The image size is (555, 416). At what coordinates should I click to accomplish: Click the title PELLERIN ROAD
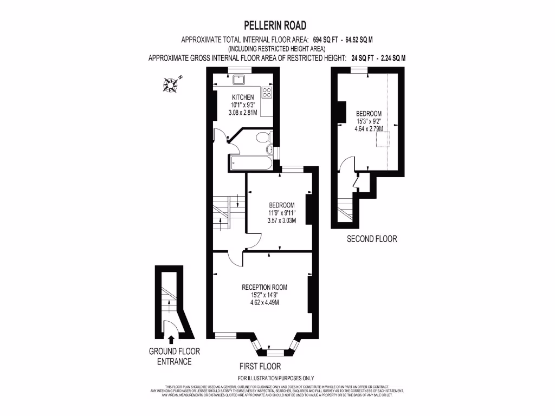coord(275,25)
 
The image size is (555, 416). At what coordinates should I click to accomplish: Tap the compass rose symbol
coord(172,83)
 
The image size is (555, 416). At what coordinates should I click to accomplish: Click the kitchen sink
coord(238,80)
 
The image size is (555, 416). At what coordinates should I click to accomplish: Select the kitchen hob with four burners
coord(267,92)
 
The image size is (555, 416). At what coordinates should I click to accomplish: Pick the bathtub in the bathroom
coord(251,162)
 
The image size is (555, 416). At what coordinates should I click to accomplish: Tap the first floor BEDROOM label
coord(282,205)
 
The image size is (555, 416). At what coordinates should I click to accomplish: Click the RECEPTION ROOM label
coord(264,287)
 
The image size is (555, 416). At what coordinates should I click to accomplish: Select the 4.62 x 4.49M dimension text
coord(264,302)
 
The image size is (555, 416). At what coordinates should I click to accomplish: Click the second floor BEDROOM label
coord(369,113)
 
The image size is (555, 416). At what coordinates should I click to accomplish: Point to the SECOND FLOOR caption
coord(372,238)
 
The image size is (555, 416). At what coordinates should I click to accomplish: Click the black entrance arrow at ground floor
coord(172,340)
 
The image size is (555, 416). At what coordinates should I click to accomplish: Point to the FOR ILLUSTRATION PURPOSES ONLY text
coord(276,378)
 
